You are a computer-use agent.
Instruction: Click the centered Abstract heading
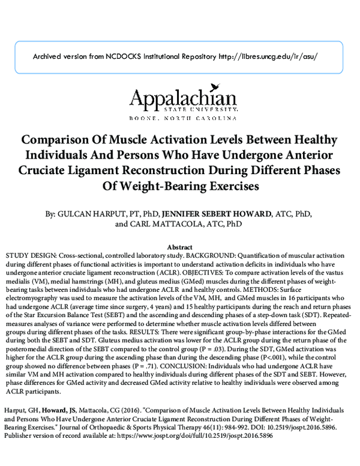click(179, 247)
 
